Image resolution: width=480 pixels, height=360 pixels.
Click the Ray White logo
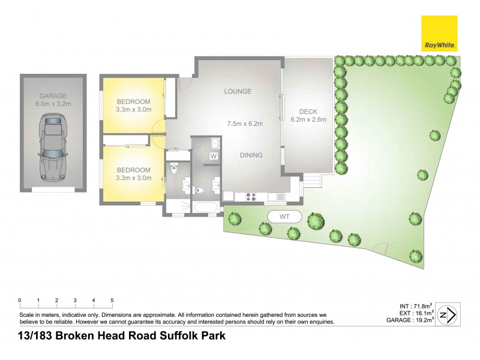click(x=439, y=34)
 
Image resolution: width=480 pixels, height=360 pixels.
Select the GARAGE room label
click(x=53, y=96)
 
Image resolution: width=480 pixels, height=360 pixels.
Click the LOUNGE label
click(x=237, y=91)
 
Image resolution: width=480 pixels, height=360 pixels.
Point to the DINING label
click(x=251, y=155)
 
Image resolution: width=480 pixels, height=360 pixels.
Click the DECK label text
click(x=308, y=112)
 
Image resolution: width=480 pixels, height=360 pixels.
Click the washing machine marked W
click(x=212, y=156)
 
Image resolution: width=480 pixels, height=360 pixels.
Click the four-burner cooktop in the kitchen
click(x=250, y=196)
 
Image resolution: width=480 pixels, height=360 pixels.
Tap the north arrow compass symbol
click(x=447, y=314)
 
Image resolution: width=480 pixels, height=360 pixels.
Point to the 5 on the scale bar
click(x=112, y=300)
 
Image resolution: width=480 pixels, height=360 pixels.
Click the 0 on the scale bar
click(x=20, y=300)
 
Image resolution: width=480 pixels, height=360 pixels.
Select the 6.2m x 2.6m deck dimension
click(x=308, y=119)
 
